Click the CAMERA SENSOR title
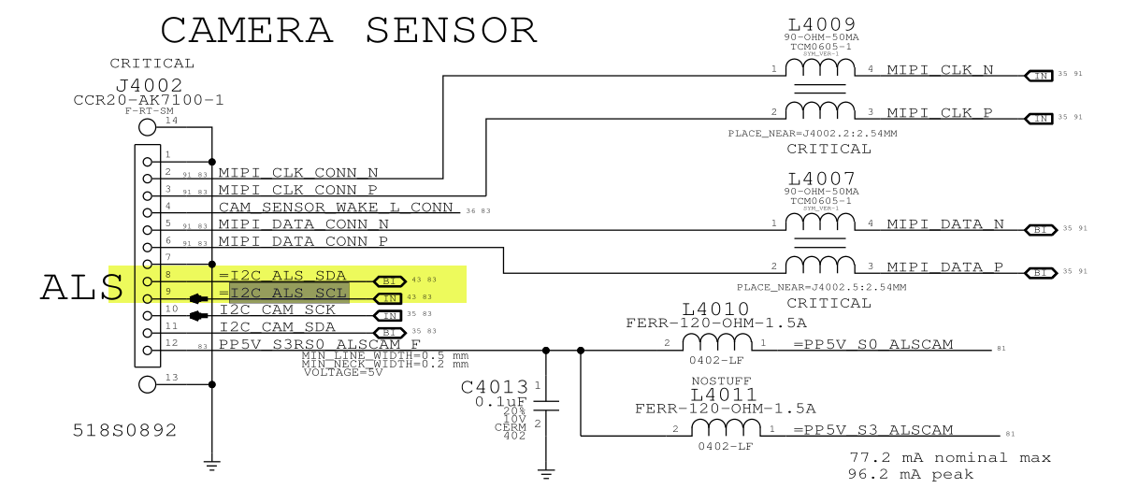point(349,31)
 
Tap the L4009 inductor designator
point(821,23)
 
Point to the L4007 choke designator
point(821,179)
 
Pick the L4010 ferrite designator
point(715,309)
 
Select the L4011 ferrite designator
point(725,395)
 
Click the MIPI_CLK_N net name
point(940,70)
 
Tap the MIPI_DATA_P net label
point(944,267)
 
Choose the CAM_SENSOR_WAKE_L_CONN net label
point(336,207)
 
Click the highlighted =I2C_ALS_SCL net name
point(289,294)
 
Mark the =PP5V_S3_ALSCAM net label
point(873,430)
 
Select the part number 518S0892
point(124,431)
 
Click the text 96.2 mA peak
point(911,475)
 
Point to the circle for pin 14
point(147,128)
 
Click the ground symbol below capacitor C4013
point(546,473)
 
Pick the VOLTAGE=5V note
point(342,373)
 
